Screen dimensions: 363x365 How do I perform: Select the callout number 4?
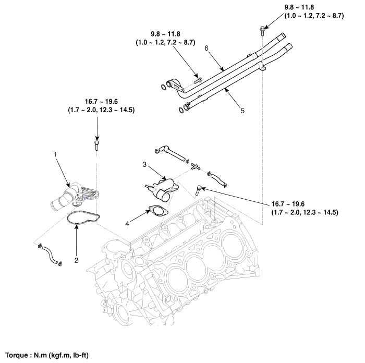126,224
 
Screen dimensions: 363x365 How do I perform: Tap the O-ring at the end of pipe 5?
182,110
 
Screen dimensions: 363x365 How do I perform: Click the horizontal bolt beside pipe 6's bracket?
198,80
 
